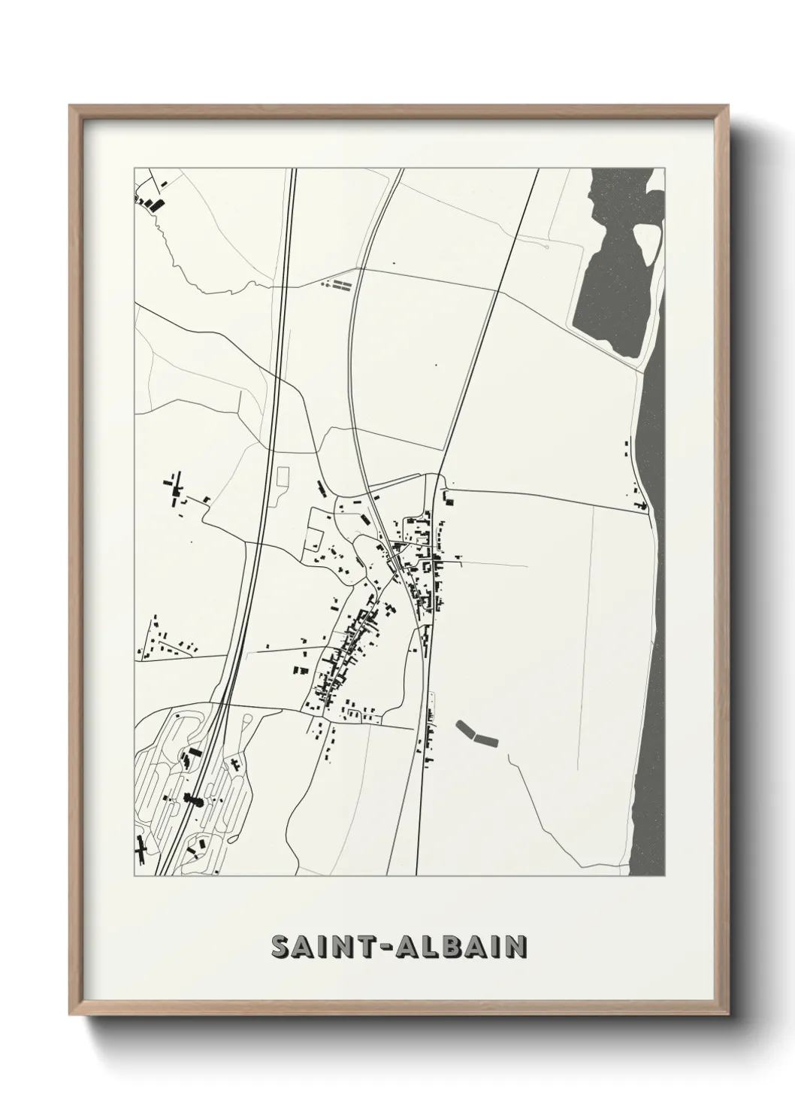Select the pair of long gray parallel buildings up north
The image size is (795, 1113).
coord(342,284)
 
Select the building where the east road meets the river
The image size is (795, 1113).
coord(641,505)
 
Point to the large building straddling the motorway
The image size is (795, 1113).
coord(194,799)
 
